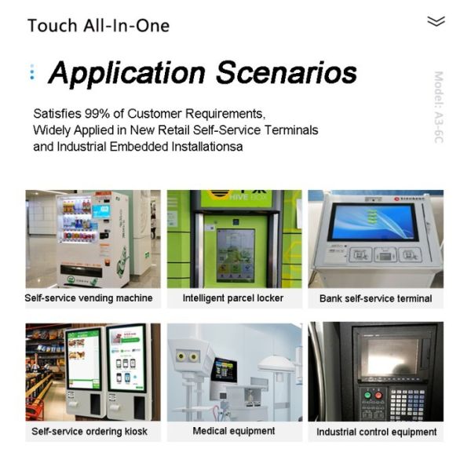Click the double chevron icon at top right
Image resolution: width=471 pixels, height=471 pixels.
click(436, 21)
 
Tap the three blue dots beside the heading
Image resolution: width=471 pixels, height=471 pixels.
click(31, 73)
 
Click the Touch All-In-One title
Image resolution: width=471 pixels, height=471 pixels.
click(98, 25)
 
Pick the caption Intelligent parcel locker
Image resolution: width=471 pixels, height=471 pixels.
click(233, 298)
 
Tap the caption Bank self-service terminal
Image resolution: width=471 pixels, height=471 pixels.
click(375, 298)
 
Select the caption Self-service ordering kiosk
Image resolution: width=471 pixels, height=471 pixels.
click(89, 432)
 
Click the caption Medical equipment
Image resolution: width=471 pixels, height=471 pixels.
click(234, 431)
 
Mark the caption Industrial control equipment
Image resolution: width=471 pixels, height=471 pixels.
click(376, 432)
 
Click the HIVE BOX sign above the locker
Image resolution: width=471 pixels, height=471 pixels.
click(233, 198)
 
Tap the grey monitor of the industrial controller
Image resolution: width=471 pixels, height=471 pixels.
click(386, 357)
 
